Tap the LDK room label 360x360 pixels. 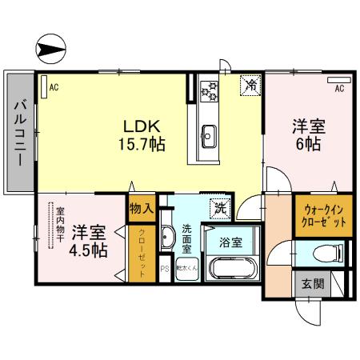(144, 126)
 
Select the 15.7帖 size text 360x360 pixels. (144, 146)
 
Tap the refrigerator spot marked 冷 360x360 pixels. (251, 84)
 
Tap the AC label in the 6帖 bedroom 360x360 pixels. (338, 88)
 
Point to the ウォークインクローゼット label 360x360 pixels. (324, 217)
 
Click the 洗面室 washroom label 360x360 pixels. (186, 238)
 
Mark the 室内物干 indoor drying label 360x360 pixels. (60, 224)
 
